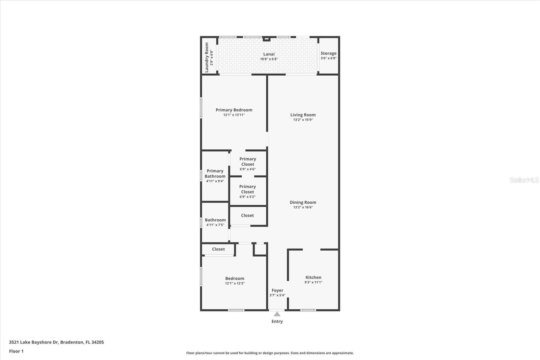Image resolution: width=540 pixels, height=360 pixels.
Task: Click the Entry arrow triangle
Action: coord(277,314)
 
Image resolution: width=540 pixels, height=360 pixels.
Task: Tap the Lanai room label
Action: coord(269,54)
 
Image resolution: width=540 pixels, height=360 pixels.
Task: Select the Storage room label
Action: coord(328,53)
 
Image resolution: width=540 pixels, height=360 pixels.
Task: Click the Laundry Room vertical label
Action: coord(207,57)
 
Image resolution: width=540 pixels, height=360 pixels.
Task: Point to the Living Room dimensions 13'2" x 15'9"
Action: coord(303,120)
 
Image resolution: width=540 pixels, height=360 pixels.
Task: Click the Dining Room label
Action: coord(303,202)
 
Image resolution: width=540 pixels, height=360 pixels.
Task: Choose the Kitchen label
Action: coord(313,277)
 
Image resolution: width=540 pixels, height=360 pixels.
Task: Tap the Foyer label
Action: coord(277,290)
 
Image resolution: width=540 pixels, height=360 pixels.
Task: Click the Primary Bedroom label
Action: coord(234,110)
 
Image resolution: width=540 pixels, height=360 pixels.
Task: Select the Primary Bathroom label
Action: coord(215,174)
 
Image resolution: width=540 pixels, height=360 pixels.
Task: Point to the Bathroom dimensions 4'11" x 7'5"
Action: coord(215,225)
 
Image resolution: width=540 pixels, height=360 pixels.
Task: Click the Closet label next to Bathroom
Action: coord(247,215)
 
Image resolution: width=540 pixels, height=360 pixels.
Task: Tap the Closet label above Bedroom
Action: coord(218,249)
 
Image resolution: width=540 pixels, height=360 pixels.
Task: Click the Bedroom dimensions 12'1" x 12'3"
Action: coord(235,283)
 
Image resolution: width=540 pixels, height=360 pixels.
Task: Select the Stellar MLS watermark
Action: coord(524,180)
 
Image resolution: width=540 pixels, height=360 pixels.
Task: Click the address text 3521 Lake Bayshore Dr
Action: coord(34,342)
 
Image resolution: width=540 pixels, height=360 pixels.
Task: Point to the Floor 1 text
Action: coord(16,351)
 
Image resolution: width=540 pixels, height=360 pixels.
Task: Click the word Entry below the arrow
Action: coord(277,322)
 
